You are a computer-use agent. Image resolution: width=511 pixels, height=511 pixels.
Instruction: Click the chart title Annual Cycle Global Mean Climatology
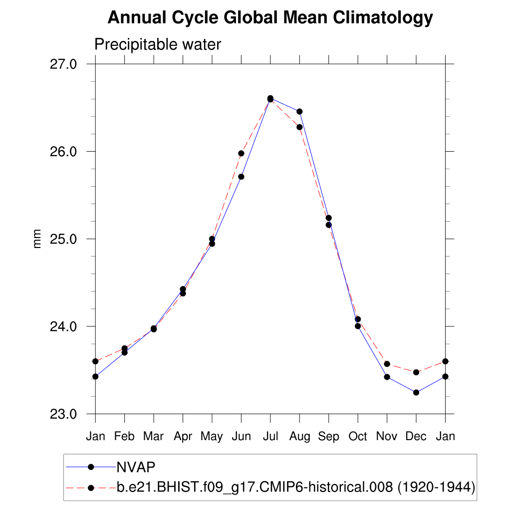tap(270, 18)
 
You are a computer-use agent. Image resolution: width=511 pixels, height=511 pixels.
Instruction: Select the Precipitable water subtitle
tap(157, 45)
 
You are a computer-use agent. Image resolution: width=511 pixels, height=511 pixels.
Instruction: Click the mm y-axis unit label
tap(37, 239)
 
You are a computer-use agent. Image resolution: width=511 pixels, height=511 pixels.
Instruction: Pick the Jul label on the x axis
tap(270, 437)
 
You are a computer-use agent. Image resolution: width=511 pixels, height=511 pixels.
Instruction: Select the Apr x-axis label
tap(183, 437)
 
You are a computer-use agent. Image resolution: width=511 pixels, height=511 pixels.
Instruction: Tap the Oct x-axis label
tap(358, 437)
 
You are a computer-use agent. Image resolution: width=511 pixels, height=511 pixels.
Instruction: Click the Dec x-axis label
tap(416, 437)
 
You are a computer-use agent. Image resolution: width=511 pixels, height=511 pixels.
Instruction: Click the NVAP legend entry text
tap(136, 467)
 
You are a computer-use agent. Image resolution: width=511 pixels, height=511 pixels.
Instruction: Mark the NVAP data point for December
tap(416, 392)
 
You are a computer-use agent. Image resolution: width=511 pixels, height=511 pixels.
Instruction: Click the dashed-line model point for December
tap(416, 372)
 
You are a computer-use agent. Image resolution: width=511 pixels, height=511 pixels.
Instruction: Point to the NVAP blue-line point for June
tap(241, 177)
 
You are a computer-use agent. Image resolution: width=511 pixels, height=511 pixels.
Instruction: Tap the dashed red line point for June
tap(241, 153)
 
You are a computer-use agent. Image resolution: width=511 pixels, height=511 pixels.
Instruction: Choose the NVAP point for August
tap(299, 111)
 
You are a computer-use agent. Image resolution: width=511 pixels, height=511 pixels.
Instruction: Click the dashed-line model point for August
tap(299, 127)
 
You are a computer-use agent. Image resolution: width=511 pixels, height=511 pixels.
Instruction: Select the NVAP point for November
tap(387, 377)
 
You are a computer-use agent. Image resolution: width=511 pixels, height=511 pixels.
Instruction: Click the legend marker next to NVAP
tap(91, 467)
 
